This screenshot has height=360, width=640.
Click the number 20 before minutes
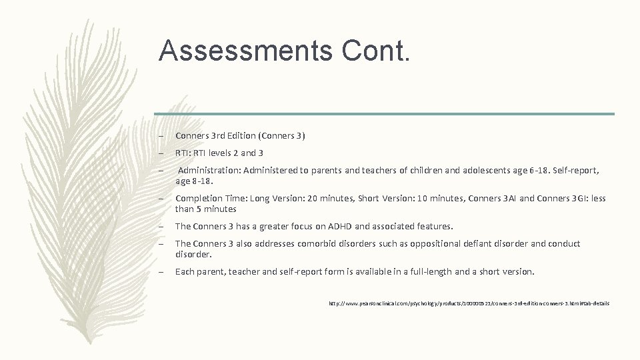coord(309,198)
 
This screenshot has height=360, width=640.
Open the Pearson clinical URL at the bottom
coord(469,303)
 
